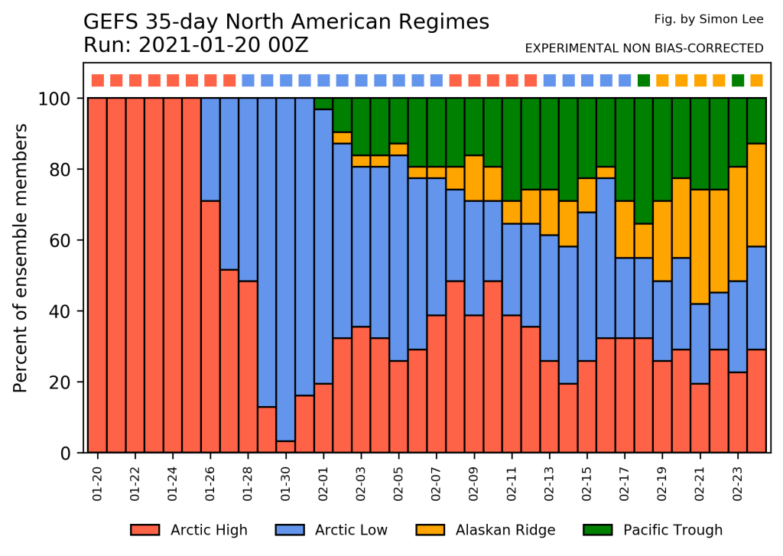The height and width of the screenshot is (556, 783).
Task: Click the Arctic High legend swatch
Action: point(145,530)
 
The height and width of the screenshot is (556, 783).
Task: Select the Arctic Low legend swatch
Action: point(290,530)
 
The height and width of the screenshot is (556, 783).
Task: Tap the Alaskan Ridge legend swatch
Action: point(430,530)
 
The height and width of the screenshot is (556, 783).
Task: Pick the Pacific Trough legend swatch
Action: point(598,530)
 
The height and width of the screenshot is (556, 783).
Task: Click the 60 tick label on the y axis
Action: point(60,241)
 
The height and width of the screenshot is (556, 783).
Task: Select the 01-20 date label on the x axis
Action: point(97,484)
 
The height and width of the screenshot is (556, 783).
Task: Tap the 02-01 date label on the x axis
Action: point(323,484)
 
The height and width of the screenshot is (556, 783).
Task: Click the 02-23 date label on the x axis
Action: point(738,484)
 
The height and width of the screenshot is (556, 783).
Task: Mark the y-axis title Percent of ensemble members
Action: point(21,258)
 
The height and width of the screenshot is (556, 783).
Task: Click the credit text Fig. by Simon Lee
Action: point(709,19)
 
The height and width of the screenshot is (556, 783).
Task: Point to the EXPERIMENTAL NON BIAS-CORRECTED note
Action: point(644,48)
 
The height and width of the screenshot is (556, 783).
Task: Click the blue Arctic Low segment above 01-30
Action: point(286,270)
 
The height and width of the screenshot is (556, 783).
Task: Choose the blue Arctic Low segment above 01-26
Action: point(210,150)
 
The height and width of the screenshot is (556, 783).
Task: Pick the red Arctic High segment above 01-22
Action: point(135,275)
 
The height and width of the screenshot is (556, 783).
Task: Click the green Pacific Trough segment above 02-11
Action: point(512,150)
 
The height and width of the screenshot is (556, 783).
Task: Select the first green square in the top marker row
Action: point(644,80)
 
